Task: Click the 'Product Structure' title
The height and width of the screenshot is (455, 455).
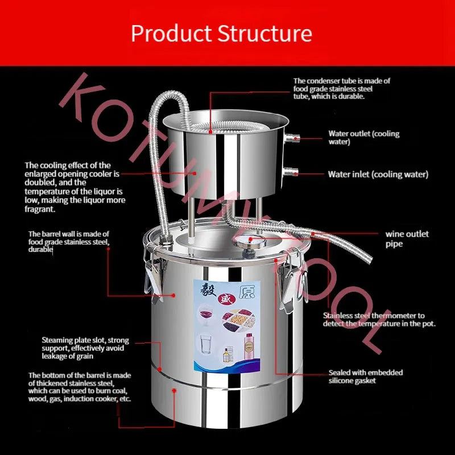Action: pyautogui.click(x=221, y=33)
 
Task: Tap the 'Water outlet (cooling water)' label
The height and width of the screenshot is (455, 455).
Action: pyautogui.click(x=363, y=138)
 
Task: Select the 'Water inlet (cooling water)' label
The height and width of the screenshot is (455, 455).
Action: pyautogui.click(x=378, y=175)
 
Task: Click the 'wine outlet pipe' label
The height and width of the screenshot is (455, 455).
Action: pyautogui.click(x=407, y=239)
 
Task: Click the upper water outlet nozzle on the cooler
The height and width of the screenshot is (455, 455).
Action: pyautogui.click(x=293, y=137)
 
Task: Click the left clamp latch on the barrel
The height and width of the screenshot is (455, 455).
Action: pyautogui.click(x=152, y=272)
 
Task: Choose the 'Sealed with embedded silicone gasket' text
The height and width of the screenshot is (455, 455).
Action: pyautogui.click(x=365, y=377)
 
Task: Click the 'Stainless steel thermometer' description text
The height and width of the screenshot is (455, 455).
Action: pyautogui.click(x=379, y=319)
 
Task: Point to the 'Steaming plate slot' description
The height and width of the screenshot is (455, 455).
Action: pyautogui.click(x=85, y=348)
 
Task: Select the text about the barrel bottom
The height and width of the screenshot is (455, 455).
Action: pyautogui.click(x=80, y=387)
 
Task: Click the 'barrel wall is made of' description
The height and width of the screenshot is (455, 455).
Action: pyautogui.click(x=68, y=242)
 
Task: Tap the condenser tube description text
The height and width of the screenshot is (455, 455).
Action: pyautogui.click(x=341, y=89)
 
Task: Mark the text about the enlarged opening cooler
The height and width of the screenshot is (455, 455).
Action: pyautogui.click(x=75, y=187)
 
